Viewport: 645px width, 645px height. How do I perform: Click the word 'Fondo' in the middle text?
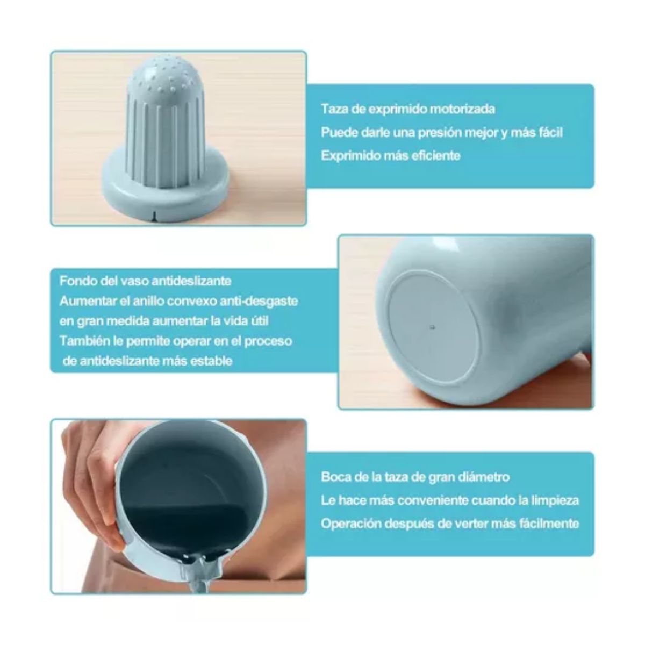(75, 281)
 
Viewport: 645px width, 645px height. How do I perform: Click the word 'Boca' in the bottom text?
(334, 477)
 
